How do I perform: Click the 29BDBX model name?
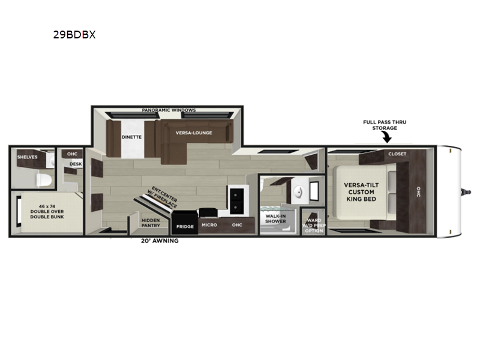point(74,35)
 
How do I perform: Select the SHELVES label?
point(27,157)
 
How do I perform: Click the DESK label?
point(76,164)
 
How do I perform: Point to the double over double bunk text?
point(47,212)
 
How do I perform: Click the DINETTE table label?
point(131,137)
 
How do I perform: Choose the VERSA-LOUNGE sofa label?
point(194,133)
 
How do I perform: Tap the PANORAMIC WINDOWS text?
point(169,110)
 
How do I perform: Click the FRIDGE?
point(185,223)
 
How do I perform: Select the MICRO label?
point(209,225)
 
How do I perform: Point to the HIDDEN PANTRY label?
point(151,223)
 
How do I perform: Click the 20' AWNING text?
point(160,241)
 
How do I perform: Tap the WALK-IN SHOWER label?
point(275,218)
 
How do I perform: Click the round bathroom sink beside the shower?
point(298,193)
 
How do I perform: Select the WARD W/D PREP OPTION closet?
point(314,221)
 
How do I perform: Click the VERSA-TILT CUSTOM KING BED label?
point(361,192)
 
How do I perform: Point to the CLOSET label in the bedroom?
point(397,154)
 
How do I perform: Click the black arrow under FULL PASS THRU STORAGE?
point(387,137)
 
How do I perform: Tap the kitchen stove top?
point(236,201)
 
